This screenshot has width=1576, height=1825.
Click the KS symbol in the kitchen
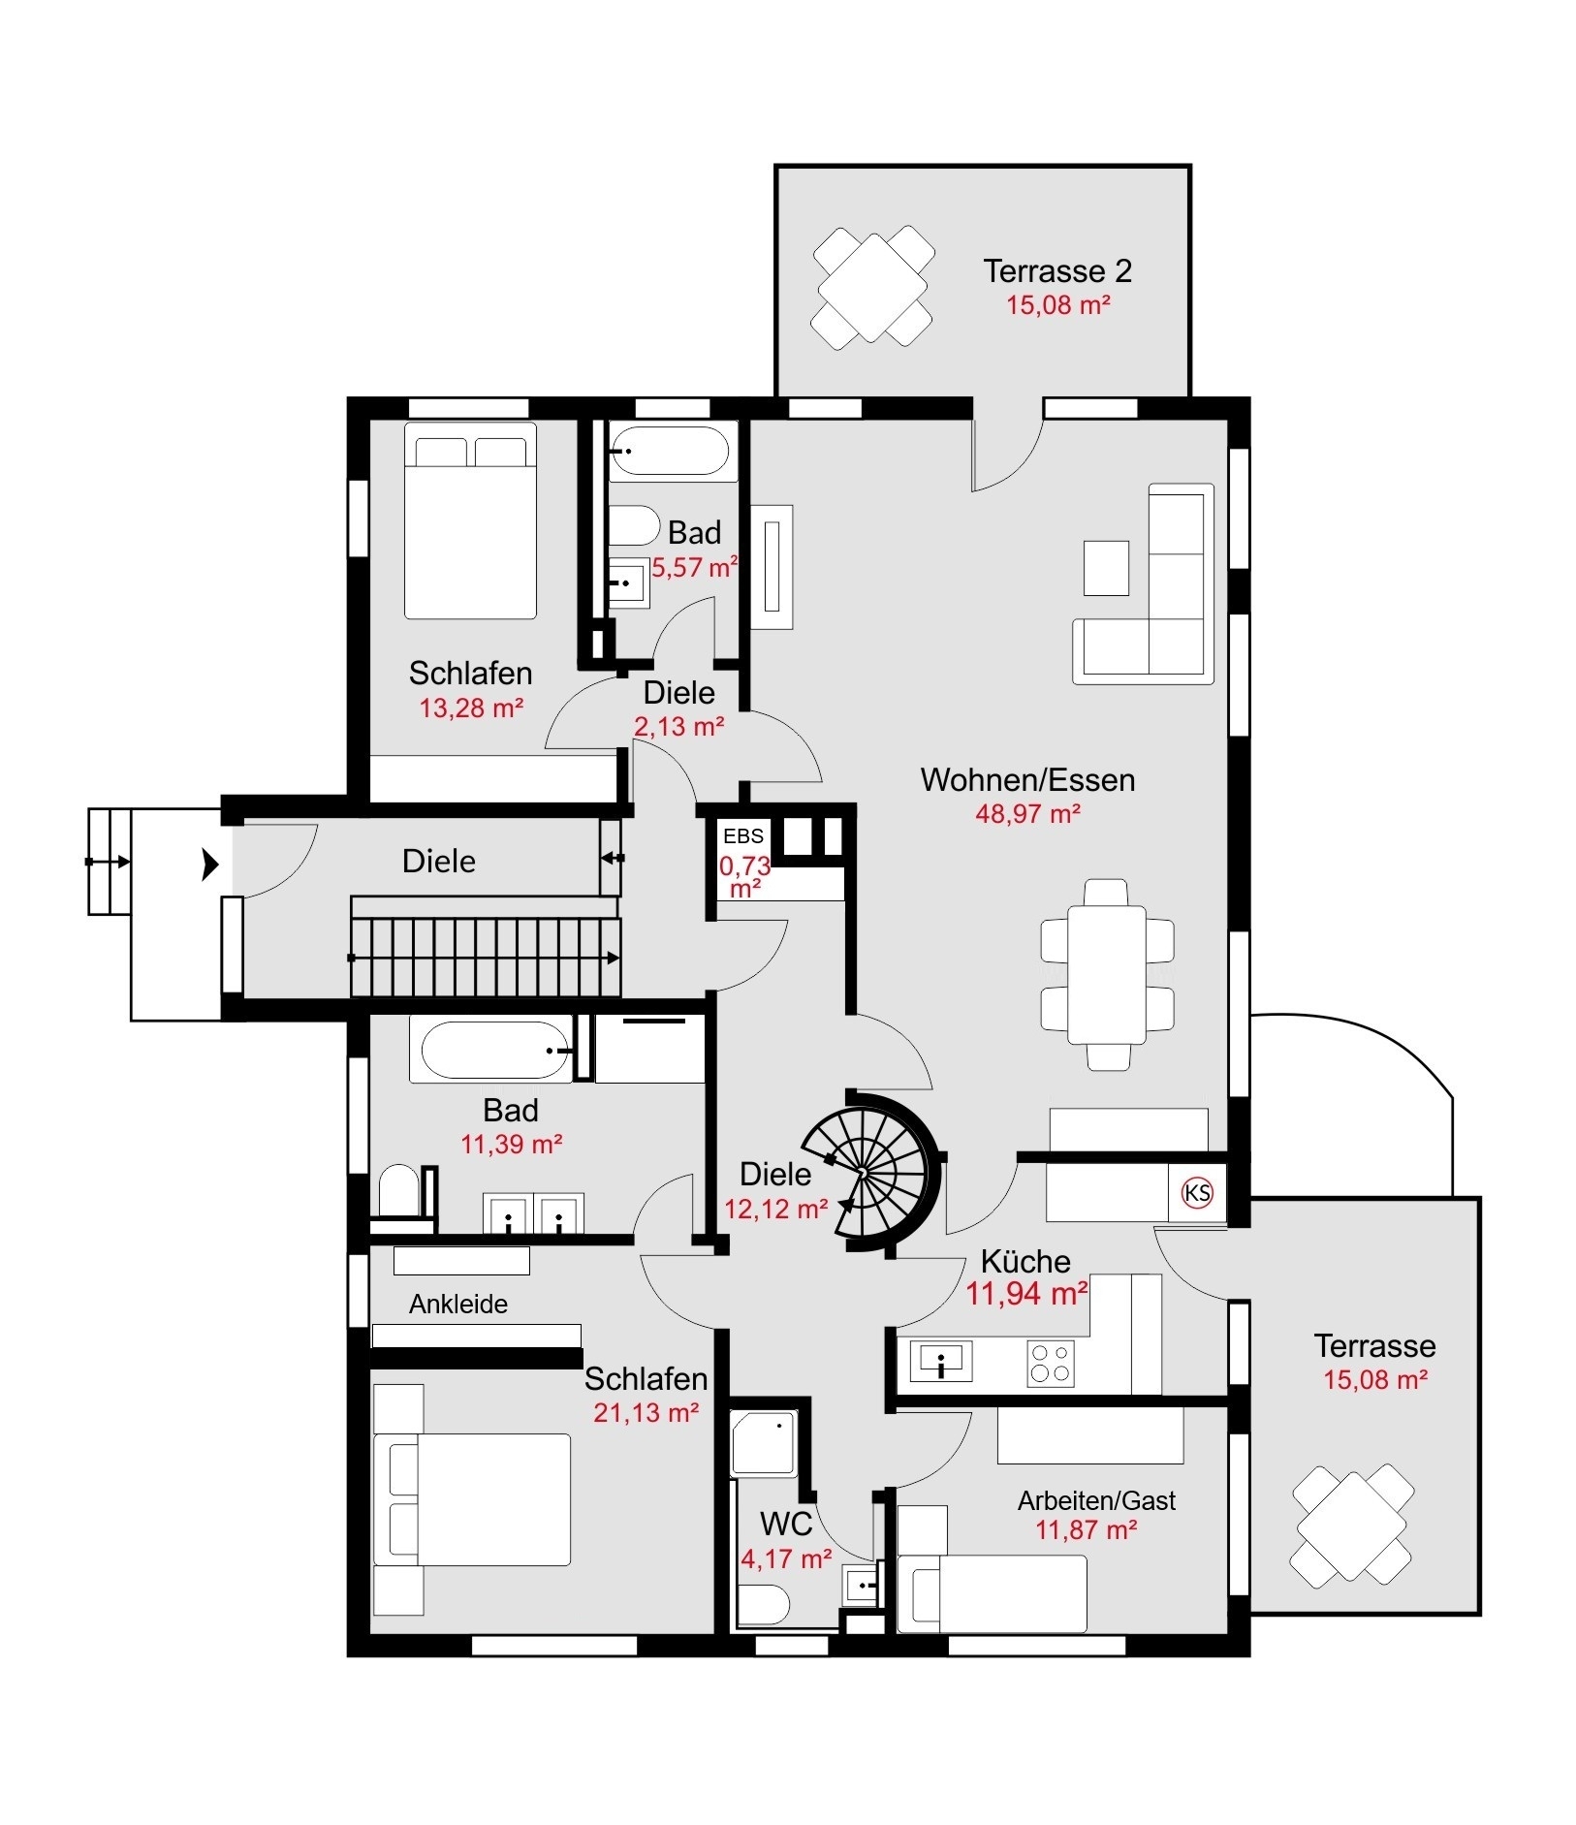click(x=1198, y=1192)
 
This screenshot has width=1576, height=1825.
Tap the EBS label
click(x=742, y=835)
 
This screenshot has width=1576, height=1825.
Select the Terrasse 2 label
click(x=1057, y=271)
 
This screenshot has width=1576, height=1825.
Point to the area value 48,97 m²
click(x=1027, y=813)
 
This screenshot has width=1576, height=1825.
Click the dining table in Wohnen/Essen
click(x=1107, y=974)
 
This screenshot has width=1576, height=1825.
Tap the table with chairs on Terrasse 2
click(x=872, y=287)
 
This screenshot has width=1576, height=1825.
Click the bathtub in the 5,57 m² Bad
click(x=670, y=452)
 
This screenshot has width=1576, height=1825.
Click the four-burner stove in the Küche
click(x=1050, y=1362)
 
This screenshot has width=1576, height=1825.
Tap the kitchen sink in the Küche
click(x=941, y=1362)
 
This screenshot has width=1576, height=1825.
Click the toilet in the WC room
click(x=764, y=1604)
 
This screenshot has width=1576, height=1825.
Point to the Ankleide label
click(x=458, y=1305)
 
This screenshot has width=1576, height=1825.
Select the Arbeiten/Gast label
click(x=1096, y=1500)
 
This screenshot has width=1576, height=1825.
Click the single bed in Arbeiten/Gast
click(x=993, y=1593)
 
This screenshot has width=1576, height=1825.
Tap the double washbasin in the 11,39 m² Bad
click(x=533, y=1214)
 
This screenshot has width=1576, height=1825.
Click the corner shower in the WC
click(x=764, y=1444)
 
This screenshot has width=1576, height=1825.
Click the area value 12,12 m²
click(x=775, y=1209)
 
